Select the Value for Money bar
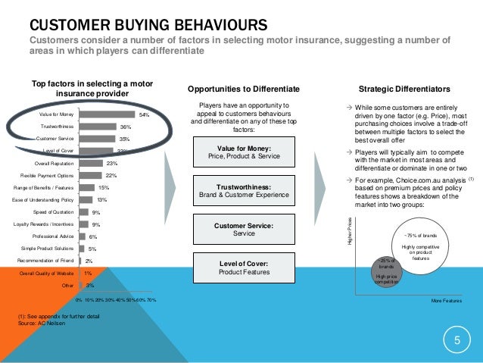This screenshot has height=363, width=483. coord(107,114)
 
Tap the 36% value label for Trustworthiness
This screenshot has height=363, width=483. coord(126,127)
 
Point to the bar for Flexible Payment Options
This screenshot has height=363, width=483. coord(90,175)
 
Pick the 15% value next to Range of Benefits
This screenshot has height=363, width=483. coord(104,187)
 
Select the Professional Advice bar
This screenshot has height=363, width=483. coord(82,236)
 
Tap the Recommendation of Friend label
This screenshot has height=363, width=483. coord(45,260)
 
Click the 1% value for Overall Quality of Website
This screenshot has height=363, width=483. coord(89,273)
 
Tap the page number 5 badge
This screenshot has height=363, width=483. coord(457,341)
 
